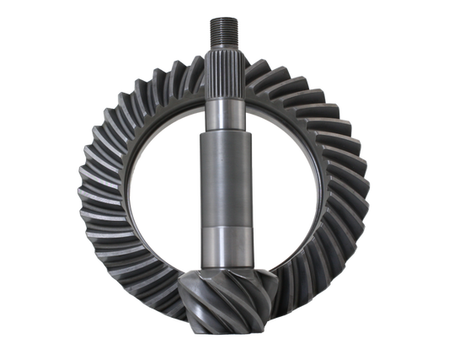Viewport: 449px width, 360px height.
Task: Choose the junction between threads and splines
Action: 224,52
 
